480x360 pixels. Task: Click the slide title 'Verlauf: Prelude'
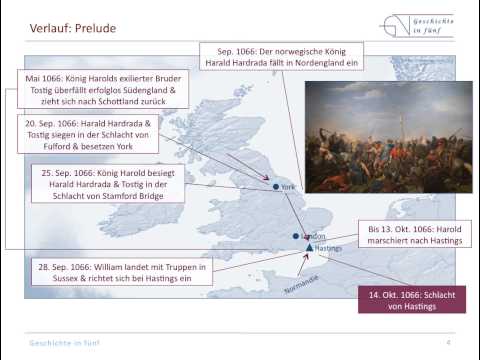[72, 28]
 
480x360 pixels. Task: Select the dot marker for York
[276, 186]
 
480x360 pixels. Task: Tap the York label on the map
[289, 187]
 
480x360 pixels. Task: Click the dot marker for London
[296, 236]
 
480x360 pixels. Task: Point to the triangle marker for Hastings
[309, 247]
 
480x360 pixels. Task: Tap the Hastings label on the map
[328, 248]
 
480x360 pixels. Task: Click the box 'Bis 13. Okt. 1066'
[412, 234]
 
